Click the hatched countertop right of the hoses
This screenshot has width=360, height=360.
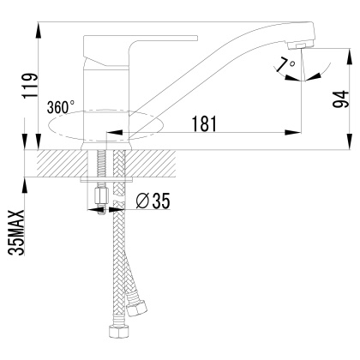[x=154, y=163]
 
